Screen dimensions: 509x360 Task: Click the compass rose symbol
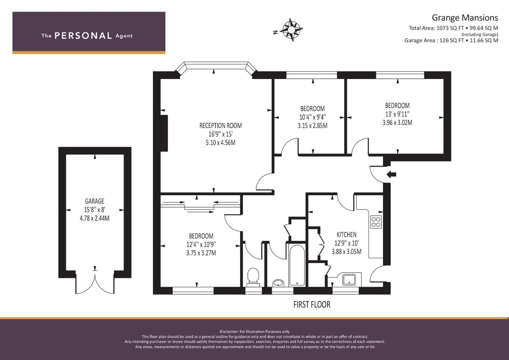point(291,30)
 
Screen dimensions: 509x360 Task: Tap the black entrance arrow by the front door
point(391,175)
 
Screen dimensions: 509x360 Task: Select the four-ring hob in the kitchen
point(376,222)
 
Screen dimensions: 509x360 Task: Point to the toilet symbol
point(253,277)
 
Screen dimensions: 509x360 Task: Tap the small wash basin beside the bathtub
point(278,283)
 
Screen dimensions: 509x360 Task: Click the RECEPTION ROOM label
point(220,126)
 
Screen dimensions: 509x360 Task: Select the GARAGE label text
point(95,201)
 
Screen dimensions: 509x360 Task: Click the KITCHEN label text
point(347,235)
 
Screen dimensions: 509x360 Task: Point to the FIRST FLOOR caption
point(312,305)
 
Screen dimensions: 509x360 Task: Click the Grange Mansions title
point(465,18)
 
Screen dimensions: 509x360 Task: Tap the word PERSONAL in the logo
point(83,36)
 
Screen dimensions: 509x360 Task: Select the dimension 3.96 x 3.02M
point(397,123)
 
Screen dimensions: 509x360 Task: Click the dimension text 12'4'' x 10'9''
point(201,245)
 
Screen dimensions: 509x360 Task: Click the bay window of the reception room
point(216,68)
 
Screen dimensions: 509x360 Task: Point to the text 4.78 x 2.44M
point(95,218)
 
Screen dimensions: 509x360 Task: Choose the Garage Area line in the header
point(451,40)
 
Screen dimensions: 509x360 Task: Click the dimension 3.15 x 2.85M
point(313,126)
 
